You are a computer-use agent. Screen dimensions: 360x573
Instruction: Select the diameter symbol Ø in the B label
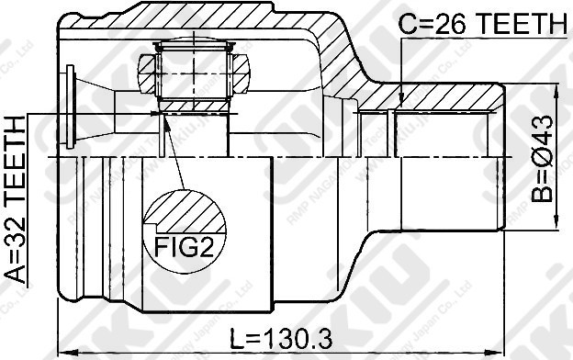click(543, 158)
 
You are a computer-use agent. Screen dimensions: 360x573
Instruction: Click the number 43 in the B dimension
click(543, 129)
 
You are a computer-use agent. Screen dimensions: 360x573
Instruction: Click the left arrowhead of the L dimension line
click(62, 350)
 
